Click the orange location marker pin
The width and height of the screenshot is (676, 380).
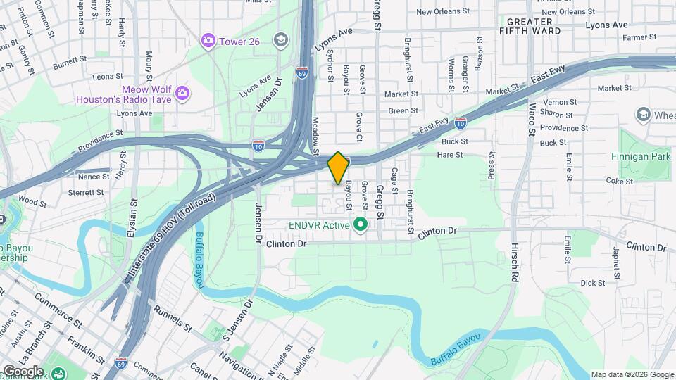coord(338,167)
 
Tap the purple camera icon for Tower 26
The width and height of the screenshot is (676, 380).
coord(208,41)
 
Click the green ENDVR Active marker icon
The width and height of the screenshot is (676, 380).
coord(361,225)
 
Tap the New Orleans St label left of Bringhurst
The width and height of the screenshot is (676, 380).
coord(442,11)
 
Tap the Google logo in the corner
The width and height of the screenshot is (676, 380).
coord(23,371)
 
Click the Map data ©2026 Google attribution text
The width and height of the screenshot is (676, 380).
coord(631,374)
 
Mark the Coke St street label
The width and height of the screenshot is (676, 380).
coord(620,181)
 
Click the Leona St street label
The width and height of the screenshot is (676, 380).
coord(108,76)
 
